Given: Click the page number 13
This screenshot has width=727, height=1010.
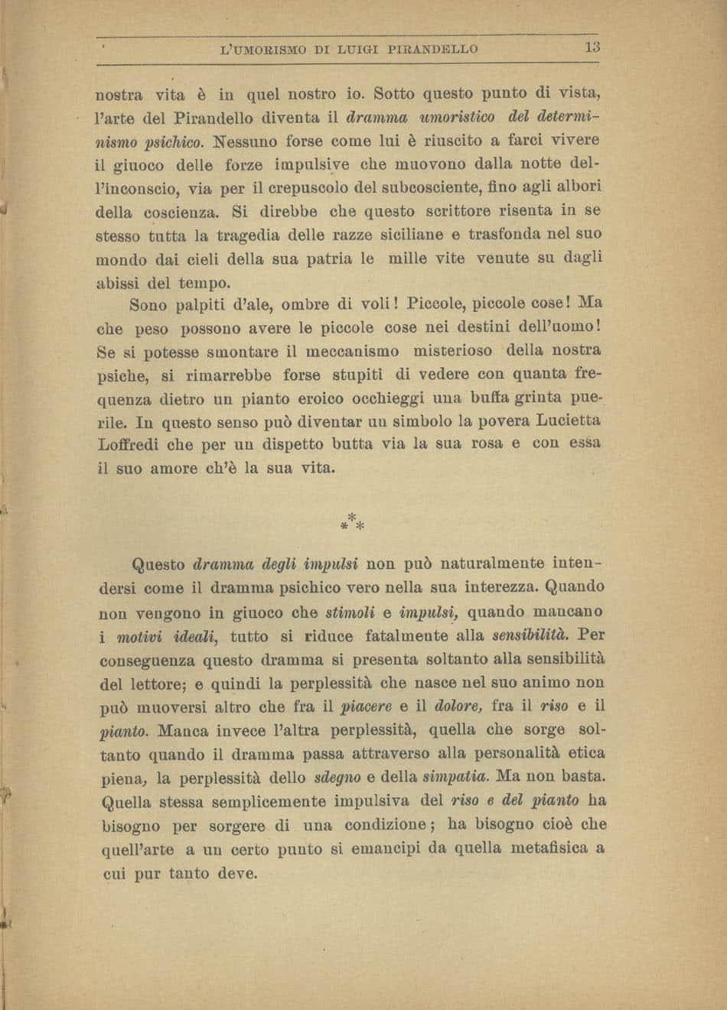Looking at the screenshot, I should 592,47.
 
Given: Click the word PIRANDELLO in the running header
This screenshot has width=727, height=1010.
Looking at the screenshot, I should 433,49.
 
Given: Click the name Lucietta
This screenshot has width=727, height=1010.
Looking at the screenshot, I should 559,420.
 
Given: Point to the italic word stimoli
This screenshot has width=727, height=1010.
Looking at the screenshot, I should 349,612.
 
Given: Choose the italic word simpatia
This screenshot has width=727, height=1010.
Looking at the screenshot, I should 455,778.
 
